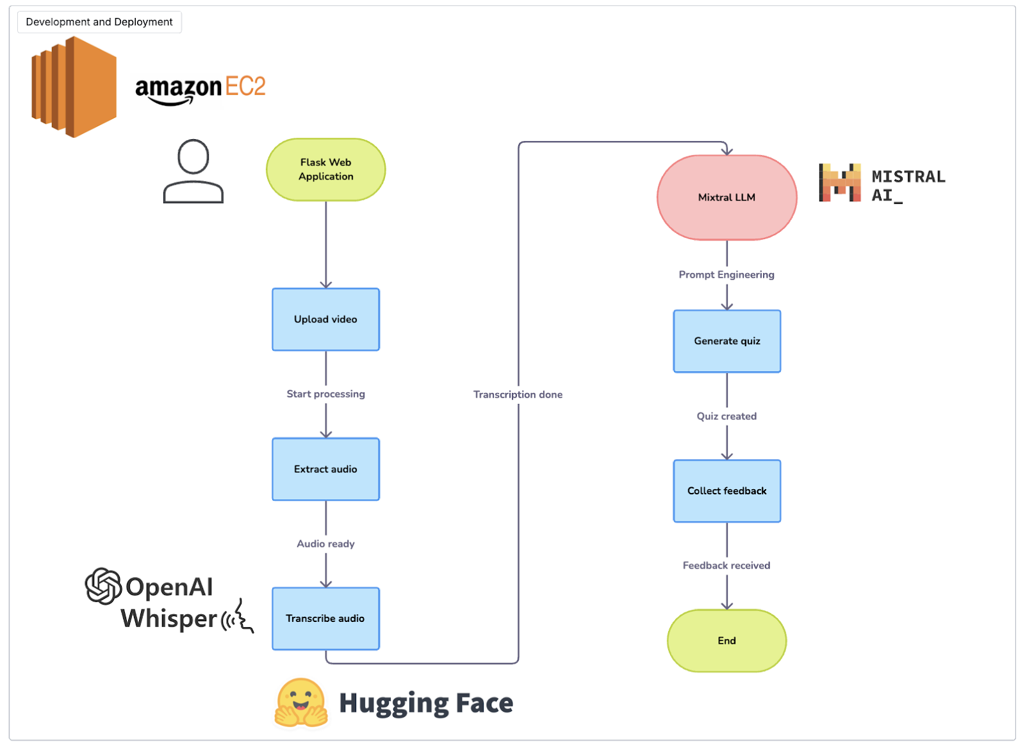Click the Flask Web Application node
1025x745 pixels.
[325, 169]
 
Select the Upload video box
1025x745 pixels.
[325, 319]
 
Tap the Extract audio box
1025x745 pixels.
[325, 469]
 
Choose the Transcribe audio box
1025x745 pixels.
[325, 618]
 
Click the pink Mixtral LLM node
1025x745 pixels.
[726, 197]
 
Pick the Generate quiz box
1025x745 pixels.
[726, 341]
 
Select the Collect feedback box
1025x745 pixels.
[726, 490]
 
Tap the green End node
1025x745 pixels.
[726, 640]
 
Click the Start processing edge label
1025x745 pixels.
[325, 394]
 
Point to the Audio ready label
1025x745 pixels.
[325, 544]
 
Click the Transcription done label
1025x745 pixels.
[518, 394]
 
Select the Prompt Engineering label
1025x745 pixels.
[726, 274]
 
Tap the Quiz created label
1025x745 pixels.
[726, 416]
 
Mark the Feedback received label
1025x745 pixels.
[726, 565]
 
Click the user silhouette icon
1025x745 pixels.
[193, 171]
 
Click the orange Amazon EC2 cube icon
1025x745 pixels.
[74, 87]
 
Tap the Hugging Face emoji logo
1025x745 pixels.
[300, 703]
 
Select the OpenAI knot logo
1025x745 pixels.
[103, 586]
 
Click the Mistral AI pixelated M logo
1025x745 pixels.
[839, 183]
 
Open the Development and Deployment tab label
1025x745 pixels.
[99, 22]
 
